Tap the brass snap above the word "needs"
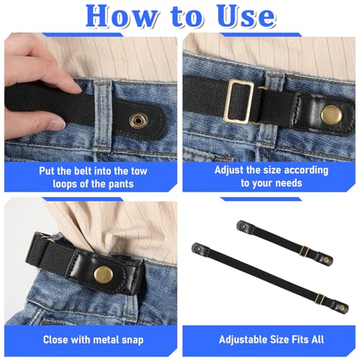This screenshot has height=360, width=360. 330,113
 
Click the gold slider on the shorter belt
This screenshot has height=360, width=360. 305,250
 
